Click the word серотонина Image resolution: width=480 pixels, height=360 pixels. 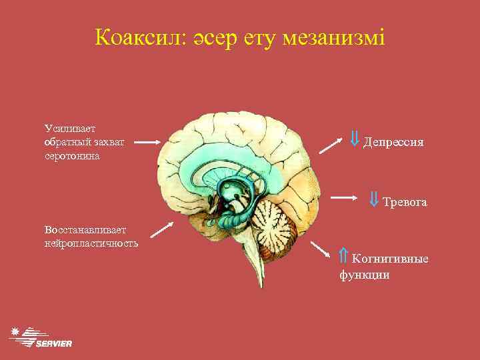[72, 155]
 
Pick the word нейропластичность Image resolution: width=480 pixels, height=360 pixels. [92, 243]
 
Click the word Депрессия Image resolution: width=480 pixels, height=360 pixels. [393, 142]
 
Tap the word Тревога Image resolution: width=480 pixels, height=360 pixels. [405, 201]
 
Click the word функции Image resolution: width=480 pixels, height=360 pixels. [365, 274]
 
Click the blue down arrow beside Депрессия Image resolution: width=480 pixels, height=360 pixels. [355, 139]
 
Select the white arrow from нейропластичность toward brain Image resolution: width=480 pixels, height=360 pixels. [161, 229]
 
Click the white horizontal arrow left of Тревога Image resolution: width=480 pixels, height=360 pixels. [345, 198]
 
